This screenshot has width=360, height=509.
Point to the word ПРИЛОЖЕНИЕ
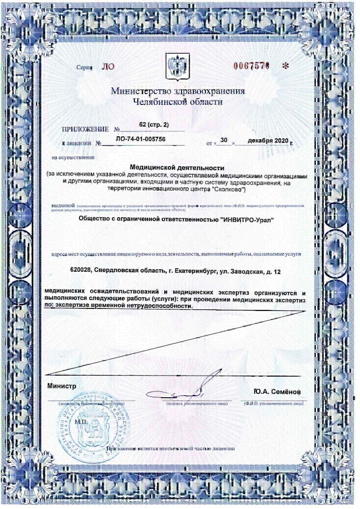point(85,130)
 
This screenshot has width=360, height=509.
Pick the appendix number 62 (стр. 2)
point(151,126)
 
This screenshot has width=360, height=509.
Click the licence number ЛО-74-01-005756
point(140,140)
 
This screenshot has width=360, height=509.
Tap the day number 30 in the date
point(225,140)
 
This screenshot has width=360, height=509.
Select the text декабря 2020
point(268,141)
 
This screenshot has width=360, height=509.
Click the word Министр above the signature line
point(62,386)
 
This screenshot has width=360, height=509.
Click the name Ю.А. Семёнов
point(277,392)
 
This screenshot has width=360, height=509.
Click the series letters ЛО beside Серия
point(107,67)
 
